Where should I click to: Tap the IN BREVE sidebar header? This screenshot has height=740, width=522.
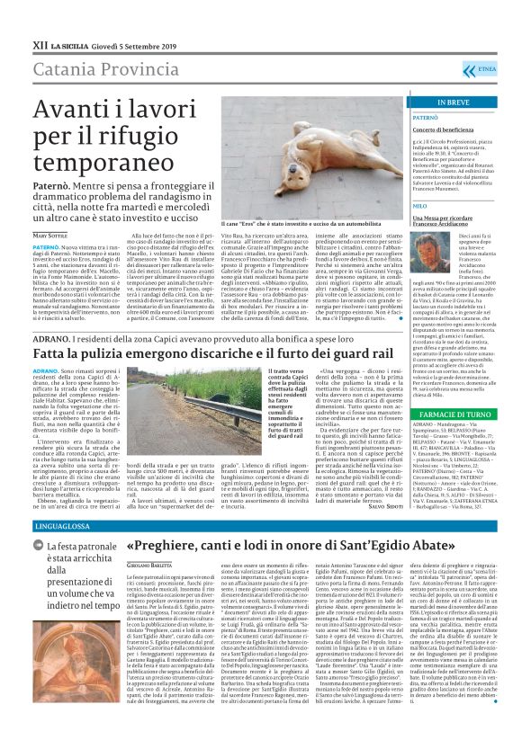[x=440, y=103]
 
